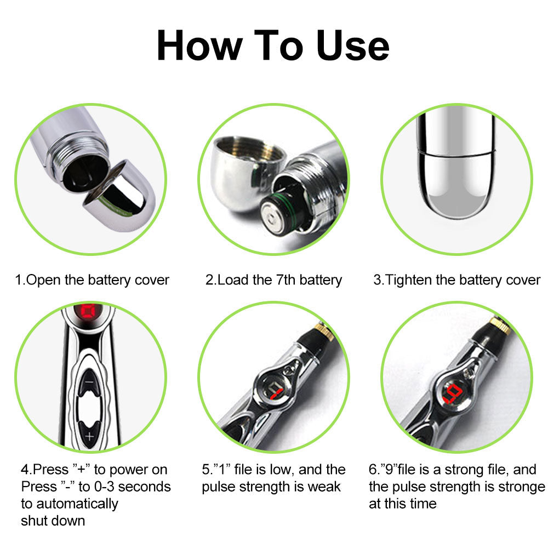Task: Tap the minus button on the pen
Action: coord(89,380)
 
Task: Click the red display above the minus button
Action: coord(88,313)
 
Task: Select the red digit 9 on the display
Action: coord(454,392)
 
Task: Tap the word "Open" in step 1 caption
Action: coord(44,280)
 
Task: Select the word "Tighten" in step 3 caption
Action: coord(408,280)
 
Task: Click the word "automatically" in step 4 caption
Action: coord(70,503)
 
